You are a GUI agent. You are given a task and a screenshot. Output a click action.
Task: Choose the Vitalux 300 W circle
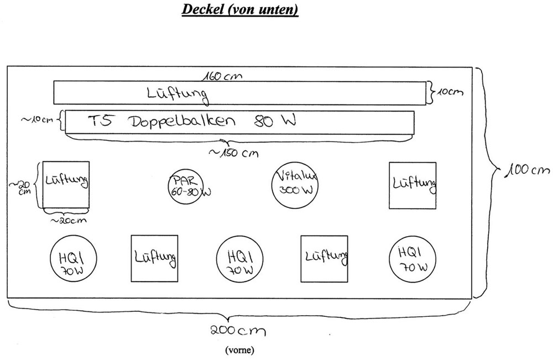pos(294,184)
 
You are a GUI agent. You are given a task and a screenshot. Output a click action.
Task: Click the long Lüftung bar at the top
pos(240,92)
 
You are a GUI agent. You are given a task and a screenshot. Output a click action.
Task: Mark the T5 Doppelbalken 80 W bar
pos(240,122)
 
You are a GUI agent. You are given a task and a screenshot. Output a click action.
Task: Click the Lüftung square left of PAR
pos(66,186)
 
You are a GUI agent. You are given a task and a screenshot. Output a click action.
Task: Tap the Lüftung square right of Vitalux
pos(412,185)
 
